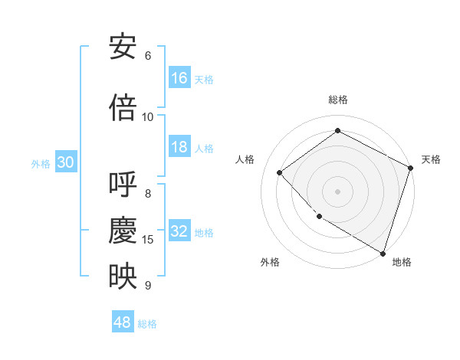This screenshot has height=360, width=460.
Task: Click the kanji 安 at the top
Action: (123, 47)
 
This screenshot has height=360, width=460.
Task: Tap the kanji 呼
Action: (123, 186)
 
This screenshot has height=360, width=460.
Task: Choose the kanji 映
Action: (123, 277)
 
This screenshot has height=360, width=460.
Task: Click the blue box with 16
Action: (179, 78)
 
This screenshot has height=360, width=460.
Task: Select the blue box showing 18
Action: (179, 147)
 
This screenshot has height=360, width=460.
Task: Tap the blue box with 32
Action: (179, 231)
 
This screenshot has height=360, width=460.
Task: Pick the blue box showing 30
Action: (65, 162)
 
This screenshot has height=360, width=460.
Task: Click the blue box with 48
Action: (123, 322)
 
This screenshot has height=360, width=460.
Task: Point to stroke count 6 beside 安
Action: (148, 56)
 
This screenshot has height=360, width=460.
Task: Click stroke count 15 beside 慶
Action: (148, 240)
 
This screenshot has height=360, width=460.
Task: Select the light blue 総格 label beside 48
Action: (147, 324)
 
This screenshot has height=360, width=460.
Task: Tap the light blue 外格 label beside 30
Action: (41, 163)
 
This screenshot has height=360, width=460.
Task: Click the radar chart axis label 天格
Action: (431, 159)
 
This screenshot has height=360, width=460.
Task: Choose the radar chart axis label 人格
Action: (245, 159)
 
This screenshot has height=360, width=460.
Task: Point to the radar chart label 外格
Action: (270, 262)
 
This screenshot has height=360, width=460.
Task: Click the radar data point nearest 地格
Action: (383, 252)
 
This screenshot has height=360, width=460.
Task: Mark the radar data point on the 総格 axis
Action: (337, 131)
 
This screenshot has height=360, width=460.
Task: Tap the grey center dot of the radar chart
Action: (337, 191)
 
